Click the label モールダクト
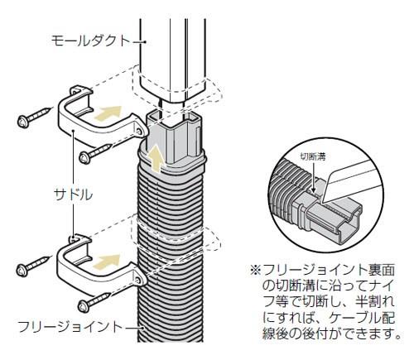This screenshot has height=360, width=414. coord(90,39)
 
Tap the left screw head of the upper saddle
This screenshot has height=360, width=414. coord(24,120)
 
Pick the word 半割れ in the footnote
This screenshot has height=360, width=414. coord(373,303)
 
